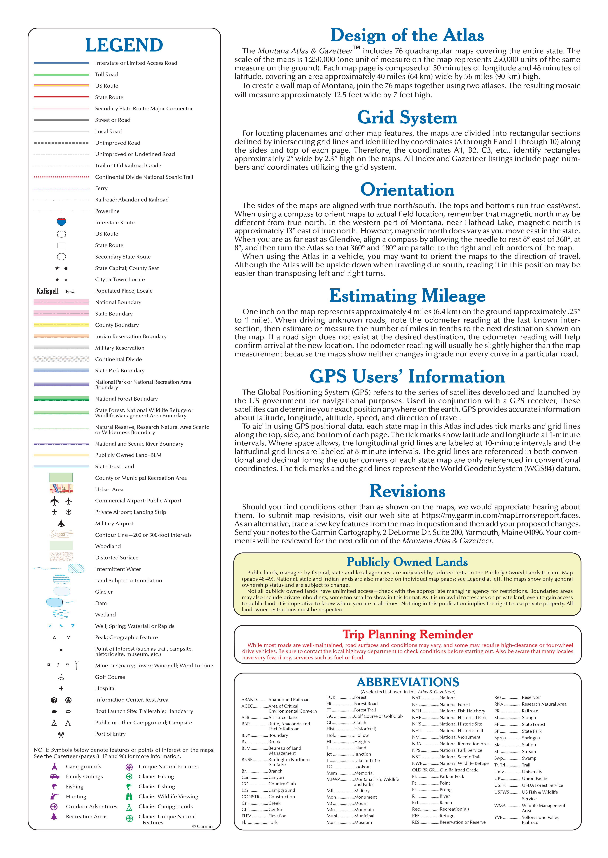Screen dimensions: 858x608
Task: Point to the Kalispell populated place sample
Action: click(x=48, y=291)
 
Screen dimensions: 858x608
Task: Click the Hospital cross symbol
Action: click(x=61, y=688)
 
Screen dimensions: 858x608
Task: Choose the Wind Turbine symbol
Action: click(x=76, y=665)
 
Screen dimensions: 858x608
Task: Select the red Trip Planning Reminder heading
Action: click(x=407, y=634)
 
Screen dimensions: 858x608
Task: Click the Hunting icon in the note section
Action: click(x=55, y=796)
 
